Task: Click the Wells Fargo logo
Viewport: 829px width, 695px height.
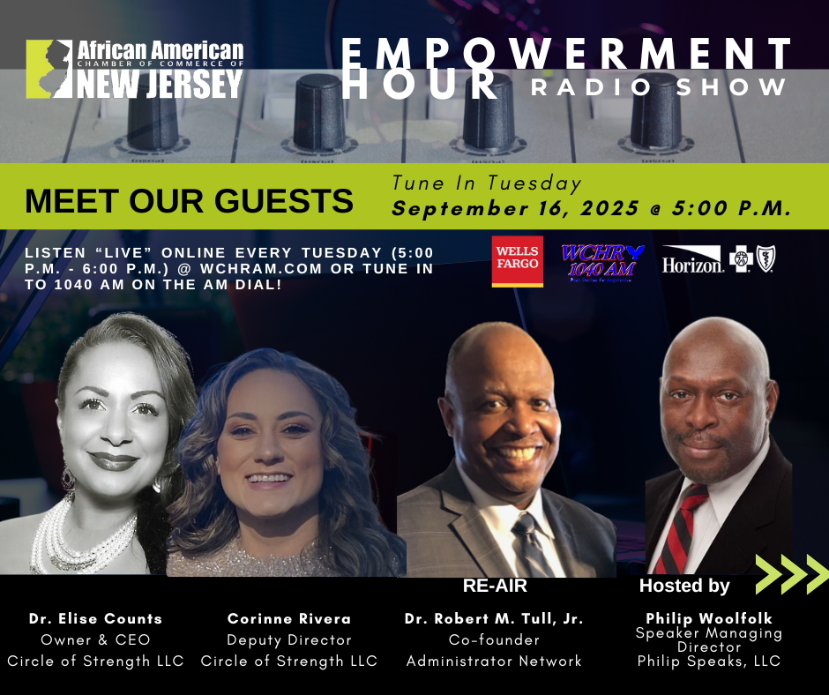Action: pyautogui.click(x=517, y=261)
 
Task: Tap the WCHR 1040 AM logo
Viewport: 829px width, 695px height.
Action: pyautogui.click(x=601, y=263)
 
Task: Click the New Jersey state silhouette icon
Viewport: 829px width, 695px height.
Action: pyautogui.click(x=49, y=70)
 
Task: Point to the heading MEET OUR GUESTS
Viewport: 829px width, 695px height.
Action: pyautogui.click(x=189, y=201)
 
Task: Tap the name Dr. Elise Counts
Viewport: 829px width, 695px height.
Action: pyautogui.click(x=95, y=618)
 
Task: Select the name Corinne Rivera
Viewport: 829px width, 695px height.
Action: pyautogui.click(x=289, y=618)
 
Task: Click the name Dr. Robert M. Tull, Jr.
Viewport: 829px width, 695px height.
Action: pyautogui.click(x=494, y=619)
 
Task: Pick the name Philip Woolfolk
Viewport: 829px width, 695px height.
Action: pyautogui.click(x=709, y=618)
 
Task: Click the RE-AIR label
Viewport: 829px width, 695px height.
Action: pyautogui.click(x=495, y=586)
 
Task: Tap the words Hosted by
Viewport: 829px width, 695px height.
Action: pyautogui.click(x=684, y=586)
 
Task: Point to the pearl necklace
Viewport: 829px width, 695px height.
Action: pyautogui.click(x=79, y=540)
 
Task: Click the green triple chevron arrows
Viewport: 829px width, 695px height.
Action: pyautogui.click(x=792, y=574)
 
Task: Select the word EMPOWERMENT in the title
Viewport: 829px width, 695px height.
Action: pyautogui.click(x=566, y=54)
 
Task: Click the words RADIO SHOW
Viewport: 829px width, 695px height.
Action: pyautogui.click(x=659, y=87)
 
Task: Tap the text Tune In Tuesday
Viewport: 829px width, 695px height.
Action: pyautogui.click(x=487, y=183)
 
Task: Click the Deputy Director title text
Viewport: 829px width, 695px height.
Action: pyautogui.click(x=289, y=640)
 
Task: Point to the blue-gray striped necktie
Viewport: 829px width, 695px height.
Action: pyautogui.click(x=531, y=546)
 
